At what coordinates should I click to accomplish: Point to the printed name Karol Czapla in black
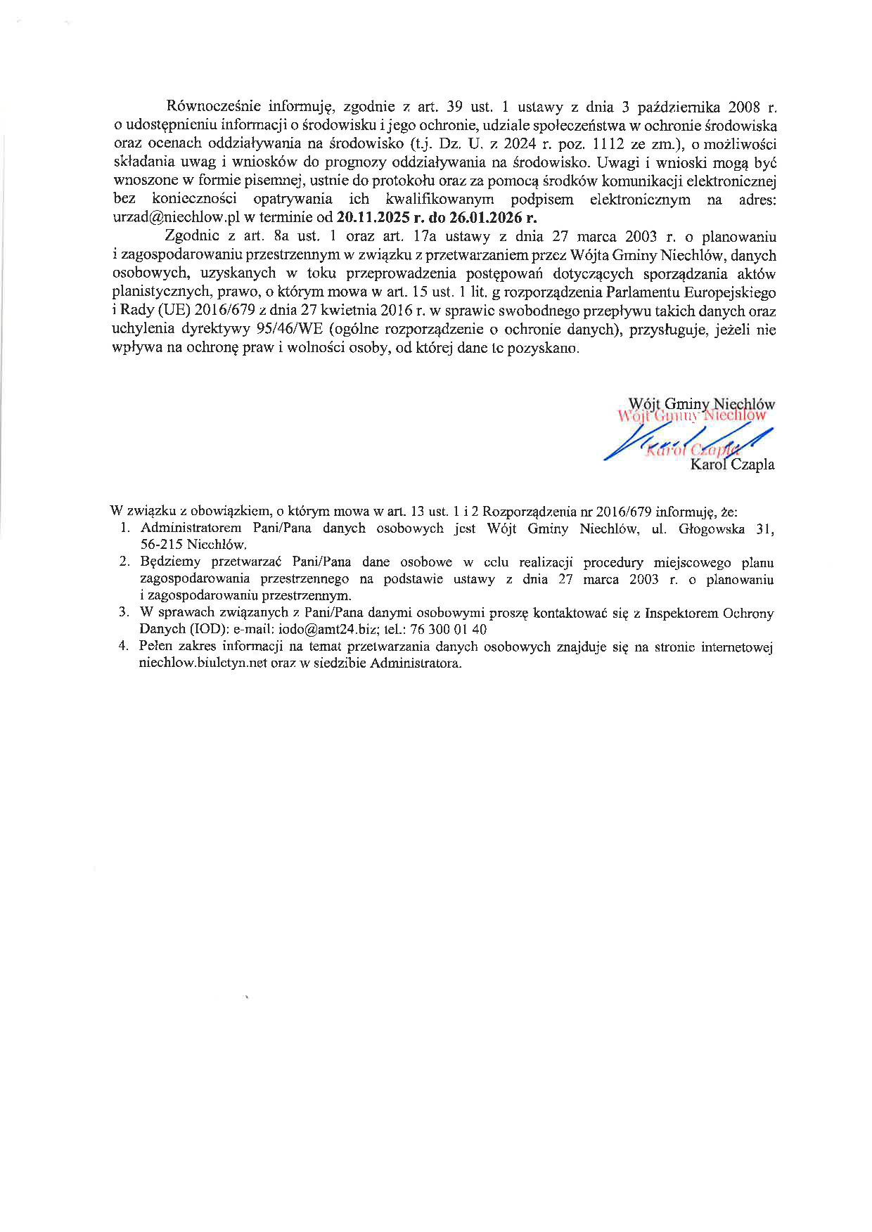pyautogui.click(x=733, y=465)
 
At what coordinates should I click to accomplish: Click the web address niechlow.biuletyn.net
pyautogui.click(x=203, y=663)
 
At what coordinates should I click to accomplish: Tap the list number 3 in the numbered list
pyautogui.click(x=124, y=613)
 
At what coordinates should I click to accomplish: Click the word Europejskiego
pyautogui.click(x=736, y=292)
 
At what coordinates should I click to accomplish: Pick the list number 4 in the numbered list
pyautogui.click(x=124, y=647)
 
